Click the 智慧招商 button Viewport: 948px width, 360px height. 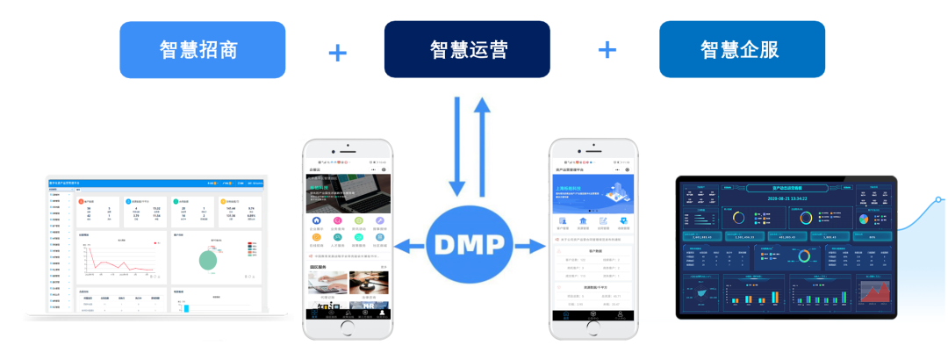(x=202, y=49)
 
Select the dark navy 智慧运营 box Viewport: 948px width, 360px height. (x=467, y=49)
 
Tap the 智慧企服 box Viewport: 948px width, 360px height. (x=742, y=49)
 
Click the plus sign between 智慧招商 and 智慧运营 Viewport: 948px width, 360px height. (x=337, y=52)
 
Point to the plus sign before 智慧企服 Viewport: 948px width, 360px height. (x=607, y=50)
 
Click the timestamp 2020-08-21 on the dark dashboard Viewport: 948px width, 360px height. (x=786, y=198)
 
